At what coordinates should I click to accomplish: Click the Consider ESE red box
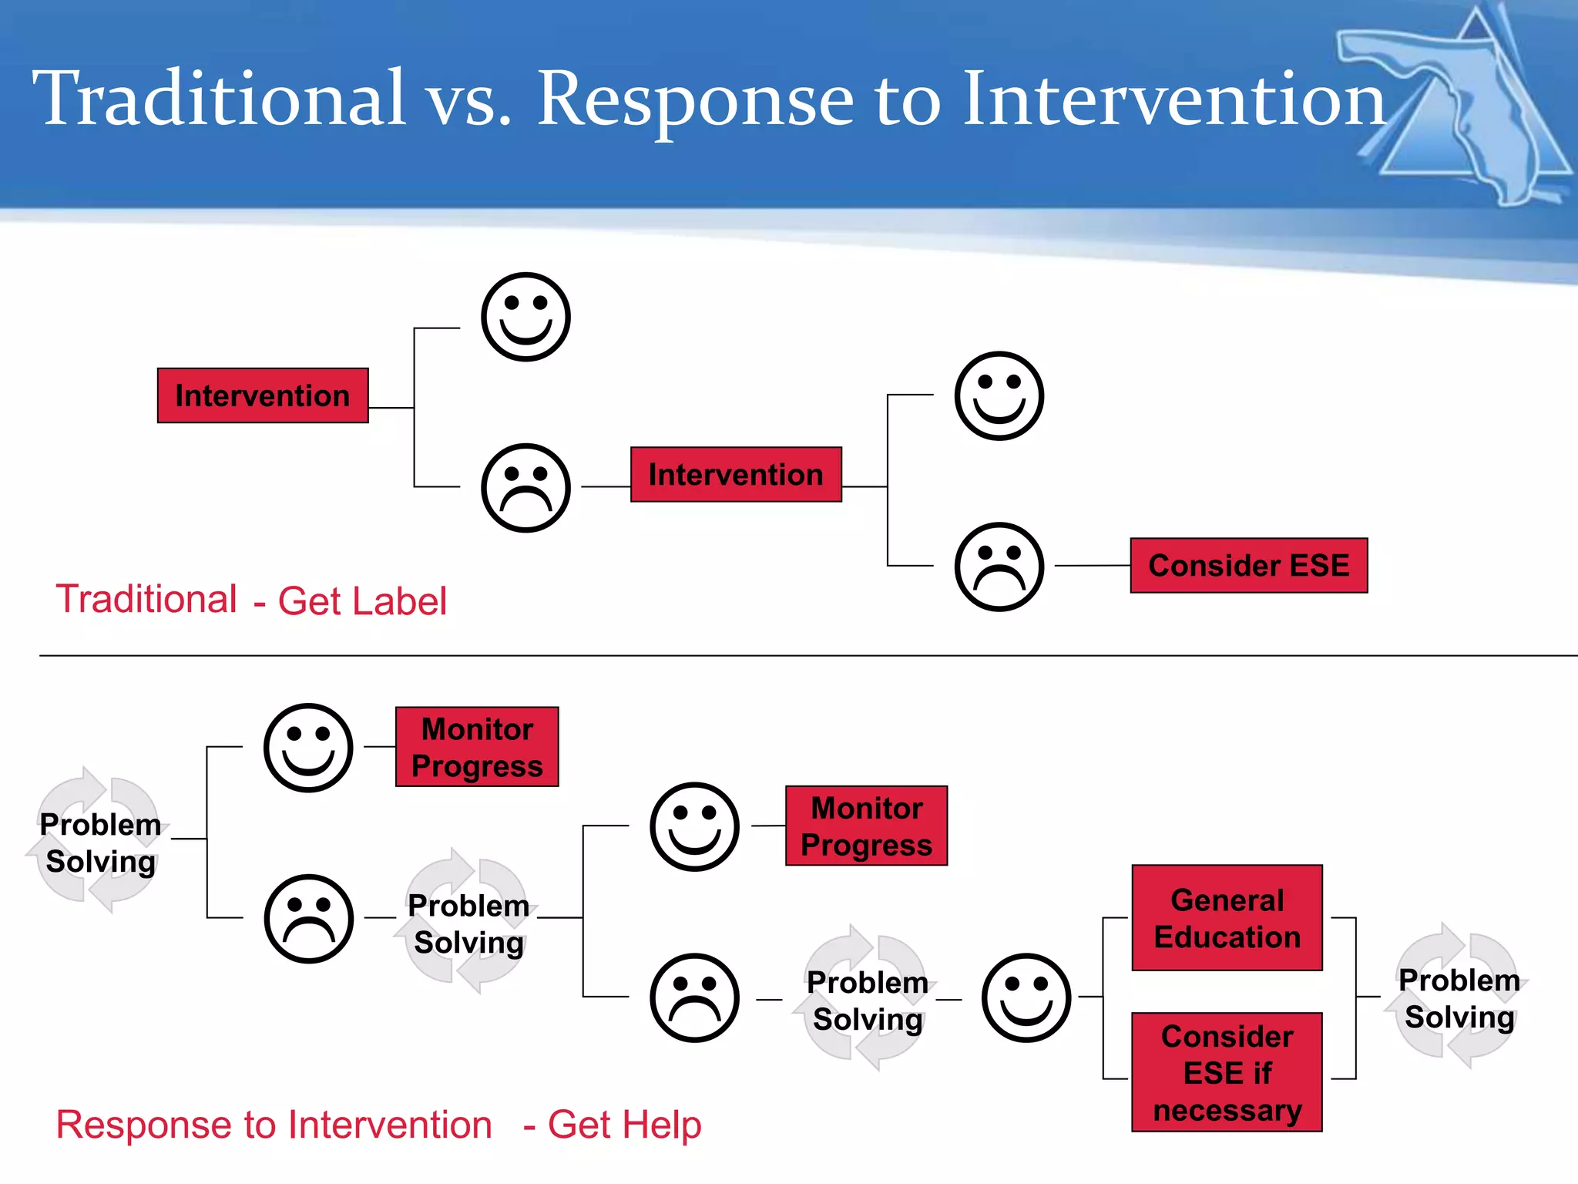click(x=1248, y=566)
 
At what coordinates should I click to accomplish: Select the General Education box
click(x=1227, y=918)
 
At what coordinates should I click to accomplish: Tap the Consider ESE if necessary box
click(x=1227, y=1072)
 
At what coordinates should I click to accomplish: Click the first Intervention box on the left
click(x=263, y=395)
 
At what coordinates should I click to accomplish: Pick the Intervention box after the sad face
click(x=736, y=475)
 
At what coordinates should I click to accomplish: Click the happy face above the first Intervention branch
click(x=525, y=317)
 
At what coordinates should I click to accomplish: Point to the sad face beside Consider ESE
click(x=999, y=567)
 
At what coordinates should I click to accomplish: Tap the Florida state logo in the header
click(x=1456, y=108)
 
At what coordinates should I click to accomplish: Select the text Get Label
click(x=362, y=601)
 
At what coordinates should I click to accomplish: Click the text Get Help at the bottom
click(x=624, y=1125)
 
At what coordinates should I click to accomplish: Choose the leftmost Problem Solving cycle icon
click(x=99, y=842)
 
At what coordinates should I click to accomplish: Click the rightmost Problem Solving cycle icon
click(x=1459, y=997)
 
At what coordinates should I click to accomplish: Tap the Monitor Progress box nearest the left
click(x=477, y=747)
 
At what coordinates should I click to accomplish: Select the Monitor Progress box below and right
click(x=866, y=826)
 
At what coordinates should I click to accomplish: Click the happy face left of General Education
click(x=1026, y=998)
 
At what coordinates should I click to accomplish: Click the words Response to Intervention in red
click(x=274, y=1125)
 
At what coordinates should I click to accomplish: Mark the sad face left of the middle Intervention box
click(x=525, y=488)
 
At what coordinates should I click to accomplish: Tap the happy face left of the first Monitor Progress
click(x=308, y=748)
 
